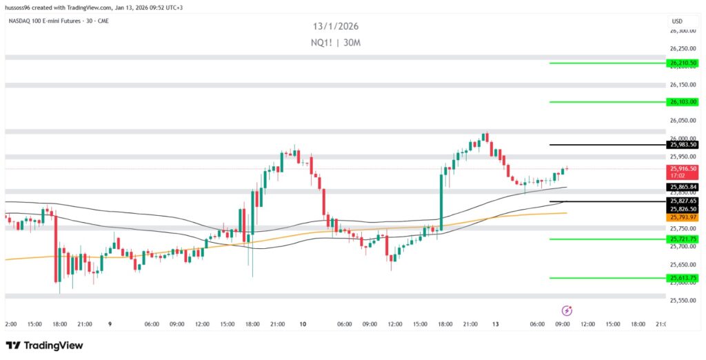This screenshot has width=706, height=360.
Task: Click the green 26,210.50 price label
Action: pyautogui.click(x=683, y=63)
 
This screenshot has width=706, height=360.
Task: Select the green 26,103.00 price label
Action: pyautogui.click(x=683, y=102)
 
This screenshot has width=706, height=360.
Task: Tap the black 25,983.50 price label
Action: pyautogui.click(x=683, y=145)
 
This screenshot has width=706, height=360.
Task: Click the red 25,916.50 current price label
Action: pyautogui.click(x=683, y=168)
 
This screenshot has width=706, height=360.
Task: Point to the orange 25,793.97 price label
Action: pyautogui.click(x=683, y=217)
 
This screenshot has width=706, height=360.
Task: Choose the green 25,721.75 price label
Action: pyautogui.click(x=683, y=239)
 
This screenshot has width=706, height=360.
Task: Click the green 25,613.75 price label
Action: pyautogui.click(x=683, y=278)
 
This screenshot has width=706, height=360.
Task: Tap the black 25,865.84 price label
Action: pyautogui.click(x=683, y=187)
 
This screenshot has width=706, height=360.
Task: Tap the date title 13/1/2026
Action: pyautogui.click(x=335, y=26)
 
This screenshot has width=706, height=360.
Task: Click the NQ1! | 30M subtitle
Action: pyautogui.click(x=335, y=43)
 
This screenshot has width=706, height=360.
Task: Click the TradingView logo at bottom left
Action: pyautogui.click(x=44, y=345)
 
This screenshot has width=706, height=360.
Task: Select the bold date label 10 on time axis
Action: pyautogui.click(x=303, y=323)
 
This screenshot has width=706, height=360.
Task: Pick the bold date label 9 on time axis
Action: pyautogui.click(x=111, y=323)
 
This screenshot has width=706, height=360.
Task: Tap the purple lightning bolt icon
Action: pyautogui.click(x=567, y=311)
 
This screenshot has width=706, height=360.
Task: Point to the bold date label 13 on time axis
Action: pyautogui.click(x=495, y=323)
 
